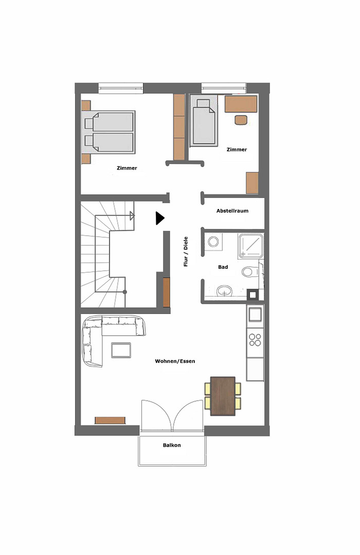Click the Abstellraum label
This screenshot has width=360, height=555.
pyautogui.click(x=232, y=211)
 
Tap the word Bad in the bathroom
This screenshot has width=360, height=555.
pyautogui.click(x=223, y=267)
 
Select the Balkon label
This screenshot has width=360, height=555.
pyautogui.click(x=172, y=445)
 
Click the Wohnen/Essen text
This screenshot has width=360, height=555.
pyautogui.click(x=175, y=361)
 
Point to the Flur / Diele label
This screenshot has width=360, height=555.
pyautogui.click(x=186, y=252)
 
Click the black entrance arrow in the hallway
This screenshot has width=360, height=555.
pyautogui.click(x=160, y=218)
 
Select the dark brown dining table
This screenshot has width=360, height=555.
pyautogui.click(x=223, y=396)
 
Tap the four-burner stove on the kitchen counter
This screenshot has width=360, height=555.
pyautogui.click(x=255, y=340)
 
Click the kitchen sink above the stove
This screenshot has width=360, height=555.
pyautogui.click(x=255, y=314)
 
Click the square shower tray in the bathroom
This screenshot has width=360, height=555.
pyautogui.click(x=251, y=246)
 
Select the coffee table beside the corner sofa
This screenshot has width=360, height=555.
pyautogui.click(x=121, y=350)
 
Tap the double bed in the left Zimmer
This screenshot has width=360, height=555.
pyautogui.click(x=109, y=133)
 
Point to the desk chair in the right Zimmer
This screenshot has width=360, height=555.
pyautogui.click(x=241, y=120)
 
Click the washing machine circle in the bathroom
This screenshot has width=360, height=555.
pyautogui.click(x=213, y=242)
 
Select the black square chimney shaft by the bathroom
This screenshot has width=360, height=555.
pyautogui.click(x=253, y=294)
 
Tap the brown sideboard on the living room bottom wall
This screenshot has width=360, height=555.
pyautogui.click(x=110, y=420)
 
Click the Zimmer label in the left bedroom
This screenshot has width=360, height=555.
pyautogui.click(x=127, y=168)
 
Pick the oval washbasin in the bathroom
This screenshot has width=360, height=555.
pyautogui.click(x=224, y=291)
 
